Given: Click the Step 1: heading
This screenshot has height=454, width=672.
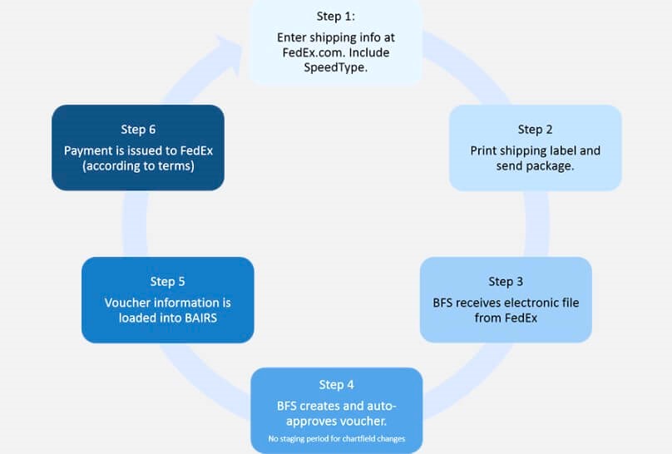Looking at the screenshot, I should point(336,16).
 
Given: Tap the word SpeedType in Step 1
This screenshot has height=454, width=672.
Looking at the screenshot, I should point(336,67).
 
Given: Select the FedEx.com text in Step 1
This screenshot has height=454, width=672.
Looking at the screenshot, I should point(312,52).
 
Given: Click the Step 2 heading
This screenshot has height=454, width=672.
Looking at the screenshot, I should point(535,129).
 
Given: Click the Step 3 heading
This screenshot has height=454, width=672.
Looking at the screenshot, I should point(506,281).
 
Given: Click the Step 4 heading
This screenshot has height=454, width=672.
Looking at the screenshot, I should point(336,384).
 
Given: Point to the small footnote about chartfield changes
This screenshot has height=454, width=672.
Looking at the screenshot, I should point(336,438).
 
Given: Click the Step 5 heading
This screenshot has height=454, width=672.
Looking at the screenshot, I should point(167,281).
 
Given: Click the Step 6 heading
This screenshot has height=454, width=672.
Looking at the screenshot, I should point(138,129).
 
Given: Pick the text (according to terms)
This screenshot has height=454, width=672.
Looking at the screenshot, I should point(138,165).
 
